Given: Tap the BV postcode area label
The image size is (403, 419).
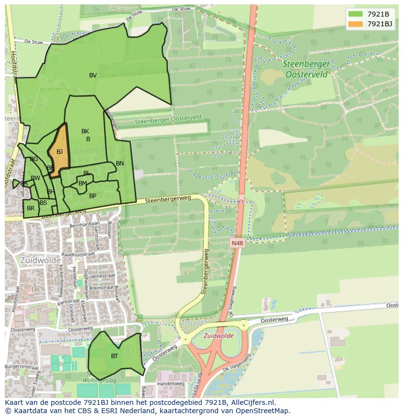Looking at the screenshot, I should click(93, 75).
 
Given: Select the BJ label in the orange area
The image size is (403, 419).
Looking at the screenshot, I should click(59, 152).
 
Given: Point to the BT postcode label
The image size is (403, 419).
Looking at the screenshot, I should click(114, 356).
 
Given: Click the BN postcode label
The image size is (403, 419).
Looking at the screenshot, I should click(120, 164).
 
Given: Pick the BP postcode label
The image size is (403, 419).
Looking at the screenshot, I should click(92, 197).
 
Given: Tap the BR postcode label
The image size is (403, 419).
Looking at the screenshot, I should click(31, 208).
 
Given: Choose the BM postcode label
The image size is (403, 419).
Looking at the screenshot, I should click(83, 183).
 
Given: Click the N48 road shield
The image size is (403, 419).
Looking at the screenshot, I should click(237, 242).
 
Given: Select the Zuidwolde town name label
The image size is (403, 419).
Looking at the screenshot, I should click(40, 260).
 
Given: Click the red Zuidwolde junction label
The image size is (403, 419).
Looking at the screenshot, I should click(218, 336).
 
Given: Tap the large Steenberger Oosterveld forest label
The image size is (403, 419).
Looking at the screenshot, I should click(307, 69).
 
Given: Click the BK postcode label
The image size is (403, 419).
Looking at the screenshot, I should click(85, 131).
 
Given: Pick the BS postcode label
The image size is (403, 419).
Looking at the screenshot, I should click(43, 203).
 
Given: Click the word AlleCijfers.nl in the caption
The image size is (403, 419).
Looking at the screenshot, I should click(252, 402).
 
